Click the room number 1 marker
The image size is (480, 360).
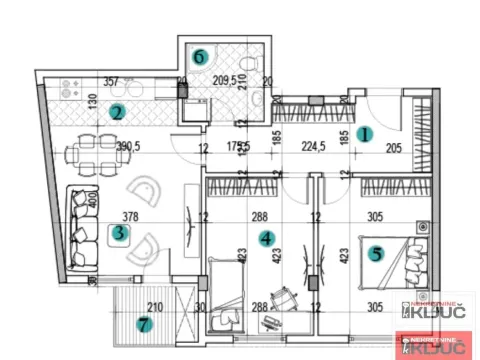[x=366, y=132]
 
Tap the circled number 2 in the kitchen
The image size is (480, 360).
[x=117, y=113]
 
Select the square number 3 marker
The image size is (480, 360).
[x=120, y=236]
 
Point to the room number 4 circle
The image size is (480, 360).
[x=265, y=238]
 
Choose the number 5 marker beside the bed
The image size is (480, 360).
[x=377, y=253]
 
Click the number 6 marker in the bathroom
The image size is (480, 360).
[x=201, y=57]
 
